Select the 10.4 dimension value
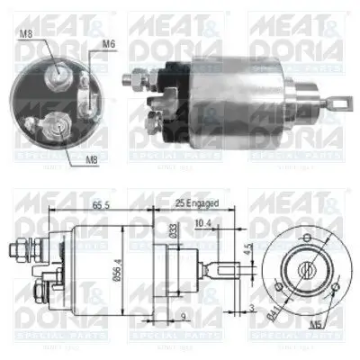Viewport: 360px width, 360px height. pos(202,221)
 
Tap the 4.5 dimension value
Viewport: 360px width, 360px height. pos(248,249)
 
